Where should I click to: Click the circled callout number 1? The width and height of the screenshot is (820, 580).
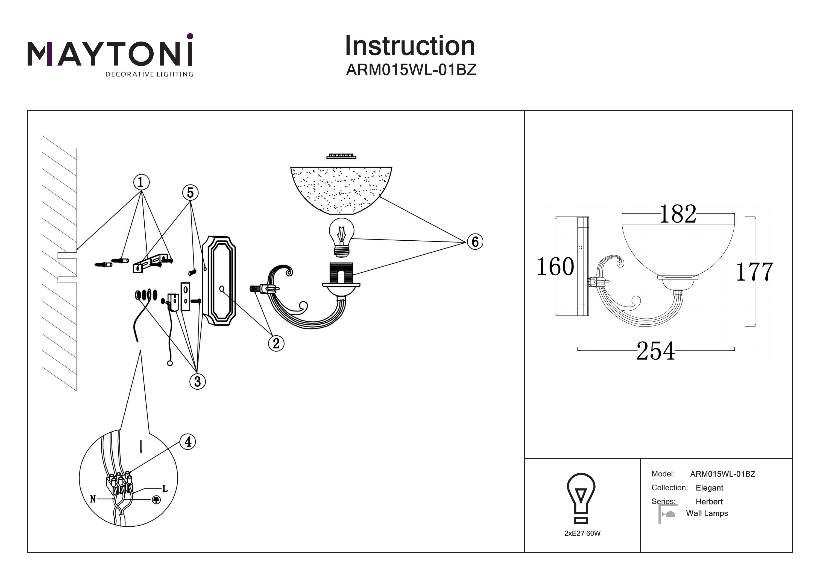click(x=141, y=182)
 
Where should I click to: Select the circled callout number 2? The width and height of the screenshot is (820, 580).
click(x=276, y=343)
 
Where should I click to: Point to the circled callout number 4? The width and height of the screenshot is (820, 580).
click(x=188, y=442)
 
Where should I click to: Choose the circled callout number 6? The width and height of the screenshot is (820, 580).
click(x=475, y=242)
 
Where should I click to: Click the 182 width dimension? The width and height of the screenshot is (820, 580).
click(x=678, y=214)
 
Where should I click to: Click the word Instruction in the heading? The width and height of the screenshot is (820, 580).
click(x=410, y=46)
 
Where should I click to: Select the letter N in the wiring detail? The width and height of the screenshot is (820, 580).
click(x=93, y=499)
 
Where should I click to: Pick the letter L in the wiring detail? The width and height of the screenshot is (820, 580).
click(x=165, y=488)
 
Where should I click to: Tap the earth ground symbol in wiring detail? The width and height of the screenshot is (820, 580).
click(x=156, y=500)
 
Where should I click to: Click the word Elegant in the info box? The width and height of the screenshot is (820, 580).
click(x=709, y=488)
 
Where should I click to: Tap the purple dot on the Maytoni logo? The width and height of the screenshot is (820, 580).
click(x=190, y=36)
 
